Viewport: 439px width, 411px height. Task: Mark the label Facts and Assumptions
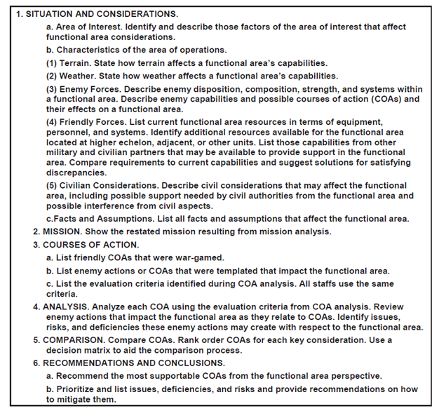pos(102,218)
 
